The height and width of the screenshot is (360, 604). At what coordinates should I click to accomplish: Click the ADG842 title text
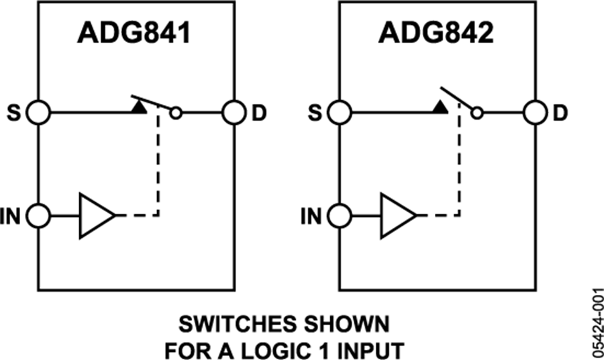[437, 33]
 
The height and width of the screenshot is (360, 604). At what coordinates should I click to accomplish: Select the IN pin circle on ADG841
[39, 216]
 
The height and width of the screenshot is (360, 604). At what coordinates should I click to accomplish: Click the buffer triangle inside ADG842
[397, 216]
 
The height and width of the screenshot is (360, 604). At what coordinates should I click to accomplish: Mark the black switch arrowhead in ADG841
[140, 105]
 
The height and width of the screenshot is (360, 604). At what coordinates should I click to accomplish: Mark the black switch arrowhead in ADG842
[440, 105]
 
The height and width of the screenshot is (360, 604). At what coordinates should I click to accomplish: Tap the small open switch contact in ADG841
[176, 114]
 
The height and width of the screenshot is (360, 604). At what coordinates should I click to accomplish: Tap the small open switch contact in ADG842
[476, 114]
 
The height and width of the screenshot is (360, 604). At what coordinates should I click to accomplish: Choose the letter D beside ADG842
[560, 113]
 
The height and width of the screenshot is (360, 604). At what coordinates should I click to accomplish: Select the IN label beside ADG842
[312, 216]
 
